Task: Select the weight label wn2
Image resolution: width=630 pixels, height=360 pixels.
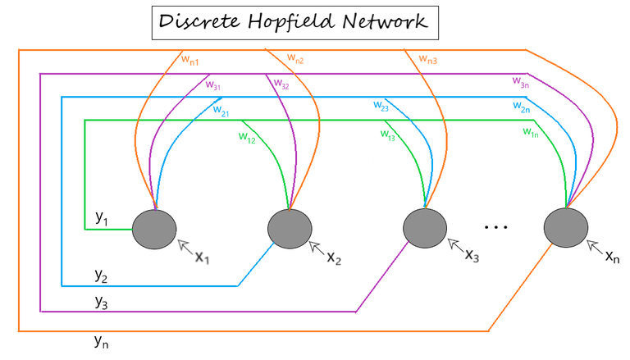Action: pyautogui.click(x=295, y=58)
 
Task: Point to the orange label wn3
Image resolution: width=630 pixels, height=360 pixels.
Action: pyautogui.click(x=427, y=58)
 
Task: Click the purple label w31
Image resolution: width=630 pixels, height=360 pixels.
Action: pyautogui.click(x=212, y=84)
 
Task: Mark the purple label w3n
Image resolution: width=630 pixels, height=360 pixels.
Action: pyautogui.click(x=520, y=81)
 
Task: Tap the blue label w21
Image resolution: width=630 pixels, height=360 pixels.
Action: pyautogui.click(x=221, y=112)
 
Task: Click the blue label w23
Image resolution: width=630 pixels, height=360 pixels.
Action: pyautogui.click(x=380, y=107)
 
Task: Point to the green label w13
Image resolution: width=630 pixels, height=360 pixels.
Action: pyautogui.click(x=388, y=135)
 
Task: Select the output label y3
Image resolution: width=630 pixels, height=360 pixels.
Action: pyautogui.click(x=102, y=302)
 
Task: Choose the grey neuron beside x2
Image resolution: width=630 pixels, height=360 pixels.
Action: pyautogui.click(x=290, y=227)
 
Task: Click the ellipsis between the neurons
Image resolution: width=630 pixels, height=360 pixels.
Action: pyautogui.click(x=496, y=226)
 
